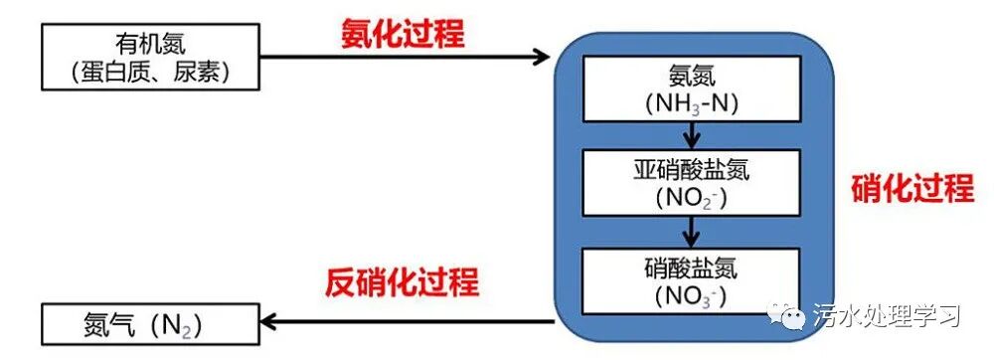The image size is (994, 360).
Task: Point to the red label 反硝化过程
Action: point(402,282)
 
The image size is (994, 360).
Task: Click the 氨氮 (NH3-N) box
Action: point(692,88)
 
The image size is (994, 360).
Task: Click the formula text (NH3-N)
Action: point(692,102)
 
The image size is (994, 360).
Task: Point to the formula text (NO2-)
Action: point(692,198)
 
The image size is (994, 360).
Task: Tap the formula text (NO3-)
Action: point(692,295)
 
